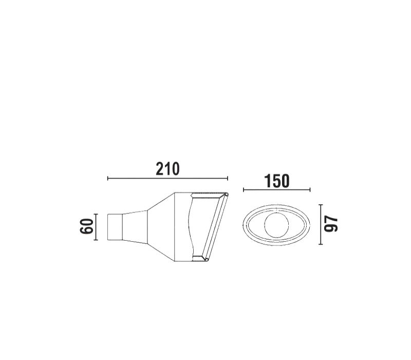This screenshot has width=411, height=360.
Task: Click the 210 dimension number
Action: pos(168,169)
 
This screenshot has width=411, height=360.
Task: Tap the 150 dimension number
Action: pos(277,181)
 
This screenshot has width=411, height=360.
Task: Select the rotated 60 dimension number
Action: pos(87,226)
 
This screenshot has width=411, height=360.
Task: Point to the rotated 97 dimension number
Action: pos(331,224)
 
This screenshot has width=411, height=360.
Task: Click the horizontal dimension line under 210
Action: pos(168,178)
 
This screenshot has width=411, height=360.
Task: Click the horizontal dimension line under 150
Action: pos(277,190)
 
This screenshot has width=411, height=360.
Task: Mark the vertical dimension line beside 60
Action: pos(96,227)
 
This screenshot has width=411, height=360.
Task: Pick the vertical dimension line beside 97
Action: pos(321,225)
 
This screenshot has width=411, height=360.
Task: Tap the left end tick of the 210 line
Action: pos(108,178)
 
